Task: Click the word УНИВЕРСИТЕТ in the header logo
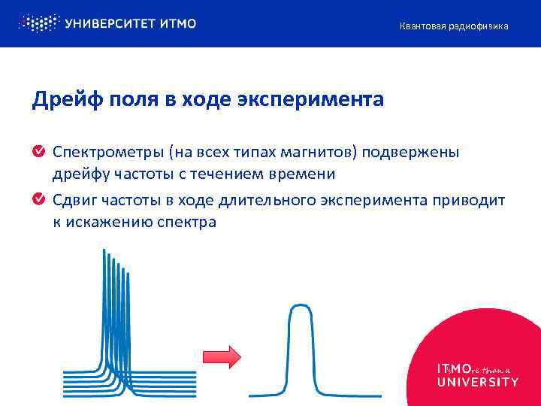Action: tap(110, 23)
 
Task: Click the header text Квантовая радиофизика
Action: tap(453, 26)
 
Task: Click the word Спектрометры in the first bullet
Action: tap(107, 153)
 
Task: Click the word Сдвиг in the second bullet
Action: tap(73, 201)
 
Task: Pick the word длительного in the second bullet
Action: tap(267, 201)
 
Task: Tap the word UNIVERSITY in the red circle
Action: tap(477, 382)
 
